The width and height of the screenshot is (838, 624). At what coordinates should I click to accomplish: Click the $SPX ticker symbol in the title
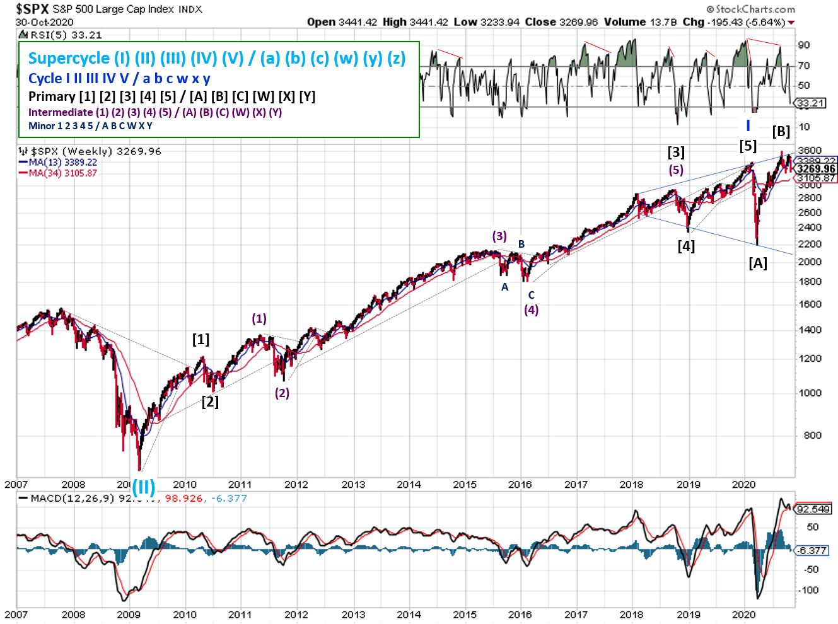click(32, 9)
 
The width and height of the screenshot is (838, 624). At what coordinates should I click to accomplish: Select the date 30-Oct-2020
click(44, 22)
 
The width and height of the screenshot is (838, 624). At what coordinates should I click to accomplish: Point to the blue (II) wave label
click(143, 487)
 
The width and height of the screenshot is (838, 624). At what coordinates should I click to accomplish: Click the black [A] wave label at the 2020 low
click(758, 263)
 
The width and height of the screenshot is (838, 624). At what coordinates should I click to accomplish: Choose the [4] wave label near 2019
click(686, 246)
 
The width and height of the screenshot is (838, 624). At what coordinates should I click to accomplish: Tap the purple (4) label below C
click(532, 309)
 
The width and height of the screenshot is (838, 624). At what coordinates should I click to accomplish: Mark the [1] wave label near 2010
click(201, 340)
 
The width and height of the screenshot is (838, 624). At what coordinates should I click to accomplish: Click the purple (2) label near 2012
click(282, 393)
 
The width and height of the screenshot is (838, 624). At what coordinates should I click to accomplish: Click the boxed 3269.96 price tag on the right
click(815, 169)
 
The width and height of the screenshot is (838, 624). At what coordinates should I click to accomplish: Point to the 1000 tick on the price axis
click(810, 393)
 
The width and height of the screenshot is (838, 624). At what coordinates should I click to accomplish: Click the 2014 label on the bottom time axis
click(409, 615)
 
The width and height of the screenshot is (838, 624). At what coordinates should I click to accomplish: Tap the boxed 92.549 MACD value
click(813, 509)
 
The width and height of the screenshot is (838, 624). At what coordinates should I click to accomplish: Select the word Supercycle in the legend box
click(69, 59)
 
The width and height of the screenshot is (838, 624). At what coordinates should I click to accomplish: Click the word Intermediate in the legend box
click(61, 112)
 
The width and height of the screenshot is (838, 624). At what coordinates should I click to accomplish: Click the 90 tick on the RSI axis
click(804, 45)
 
